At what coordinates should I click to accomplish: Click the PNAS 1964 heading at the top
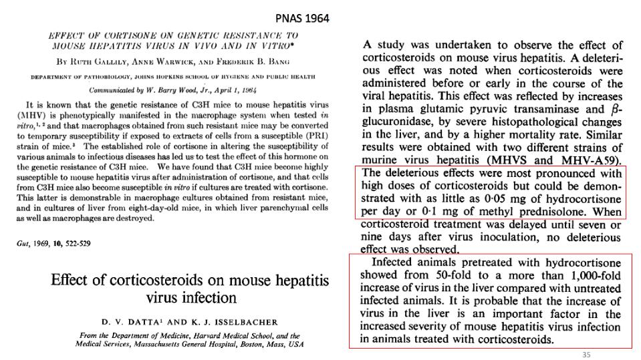click(302, 18)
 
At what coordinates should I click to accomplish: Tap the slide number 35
click(586, 354)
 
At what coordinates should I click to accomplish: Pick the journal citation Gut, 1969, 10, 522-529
click(54, 244)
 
